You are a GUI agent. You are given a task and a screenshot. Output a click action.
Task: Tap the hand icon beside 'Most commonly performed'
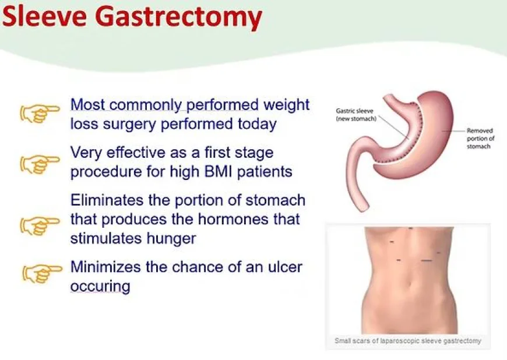40,112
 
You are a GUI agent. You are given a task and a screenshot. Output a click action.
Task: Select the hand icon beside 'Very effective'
40,163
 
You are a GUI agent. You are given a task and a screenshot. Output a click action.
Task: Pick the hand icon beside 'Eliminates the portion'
40,225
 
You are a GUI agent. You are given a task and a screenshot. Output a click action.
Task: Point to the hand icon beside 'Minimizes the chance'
41,273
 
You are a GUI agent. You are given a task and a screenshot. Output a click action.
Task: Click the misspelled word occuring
100,286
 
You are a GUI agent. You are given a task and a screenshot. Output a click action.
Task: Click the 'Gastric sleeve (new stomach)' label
356,114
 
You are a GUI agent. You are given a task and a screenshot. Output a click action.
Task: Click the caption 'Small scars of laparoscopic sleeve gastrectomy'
408,341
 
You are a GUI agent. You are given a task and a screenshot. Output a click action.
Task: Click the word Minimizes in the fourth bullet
105,267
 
